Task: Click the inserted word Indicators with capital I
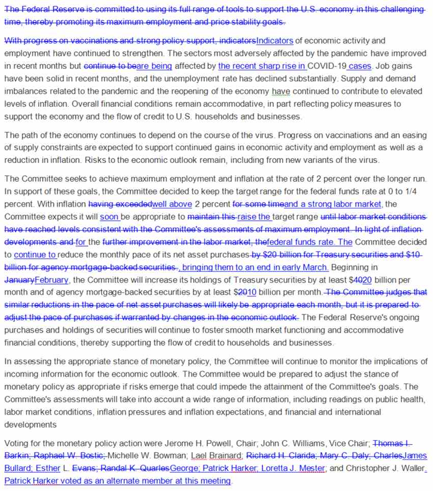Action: tap(275, 40)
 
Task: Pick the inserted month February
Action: tap(51, 280)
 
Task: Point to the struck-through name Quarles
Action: tap(151, 468)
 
